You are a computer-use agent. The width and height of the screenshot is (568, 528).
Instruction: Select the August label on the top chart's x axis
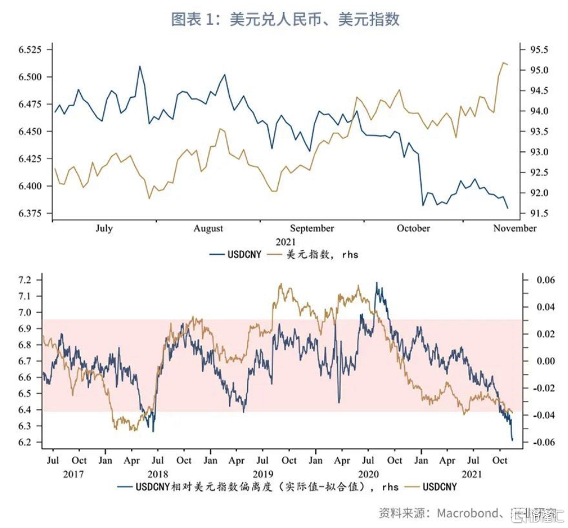click(208, 229)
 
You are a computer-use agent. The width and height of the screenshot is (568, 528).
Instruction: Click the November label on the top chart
click(514, 229)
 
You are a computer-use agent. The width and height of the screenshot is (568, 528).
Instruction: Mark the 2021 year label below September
click(286, 242)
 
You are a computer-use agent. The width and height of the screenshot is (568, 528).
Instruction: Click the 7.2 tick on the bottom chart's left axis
click(25, 280)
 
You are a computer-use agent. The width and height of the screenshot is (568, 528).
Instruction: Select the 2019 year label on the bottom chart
click(263, 474)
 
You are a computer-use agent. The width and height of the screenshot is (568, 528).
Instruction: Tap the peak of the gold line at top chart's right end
click(503, 63)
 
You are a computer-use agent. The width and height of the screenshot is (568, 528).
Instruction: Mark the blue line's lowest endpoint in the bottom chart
click(513, 440)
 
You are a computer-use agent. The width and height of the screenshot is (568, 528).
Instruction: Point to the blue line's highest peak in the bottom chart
click(377, 282)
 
